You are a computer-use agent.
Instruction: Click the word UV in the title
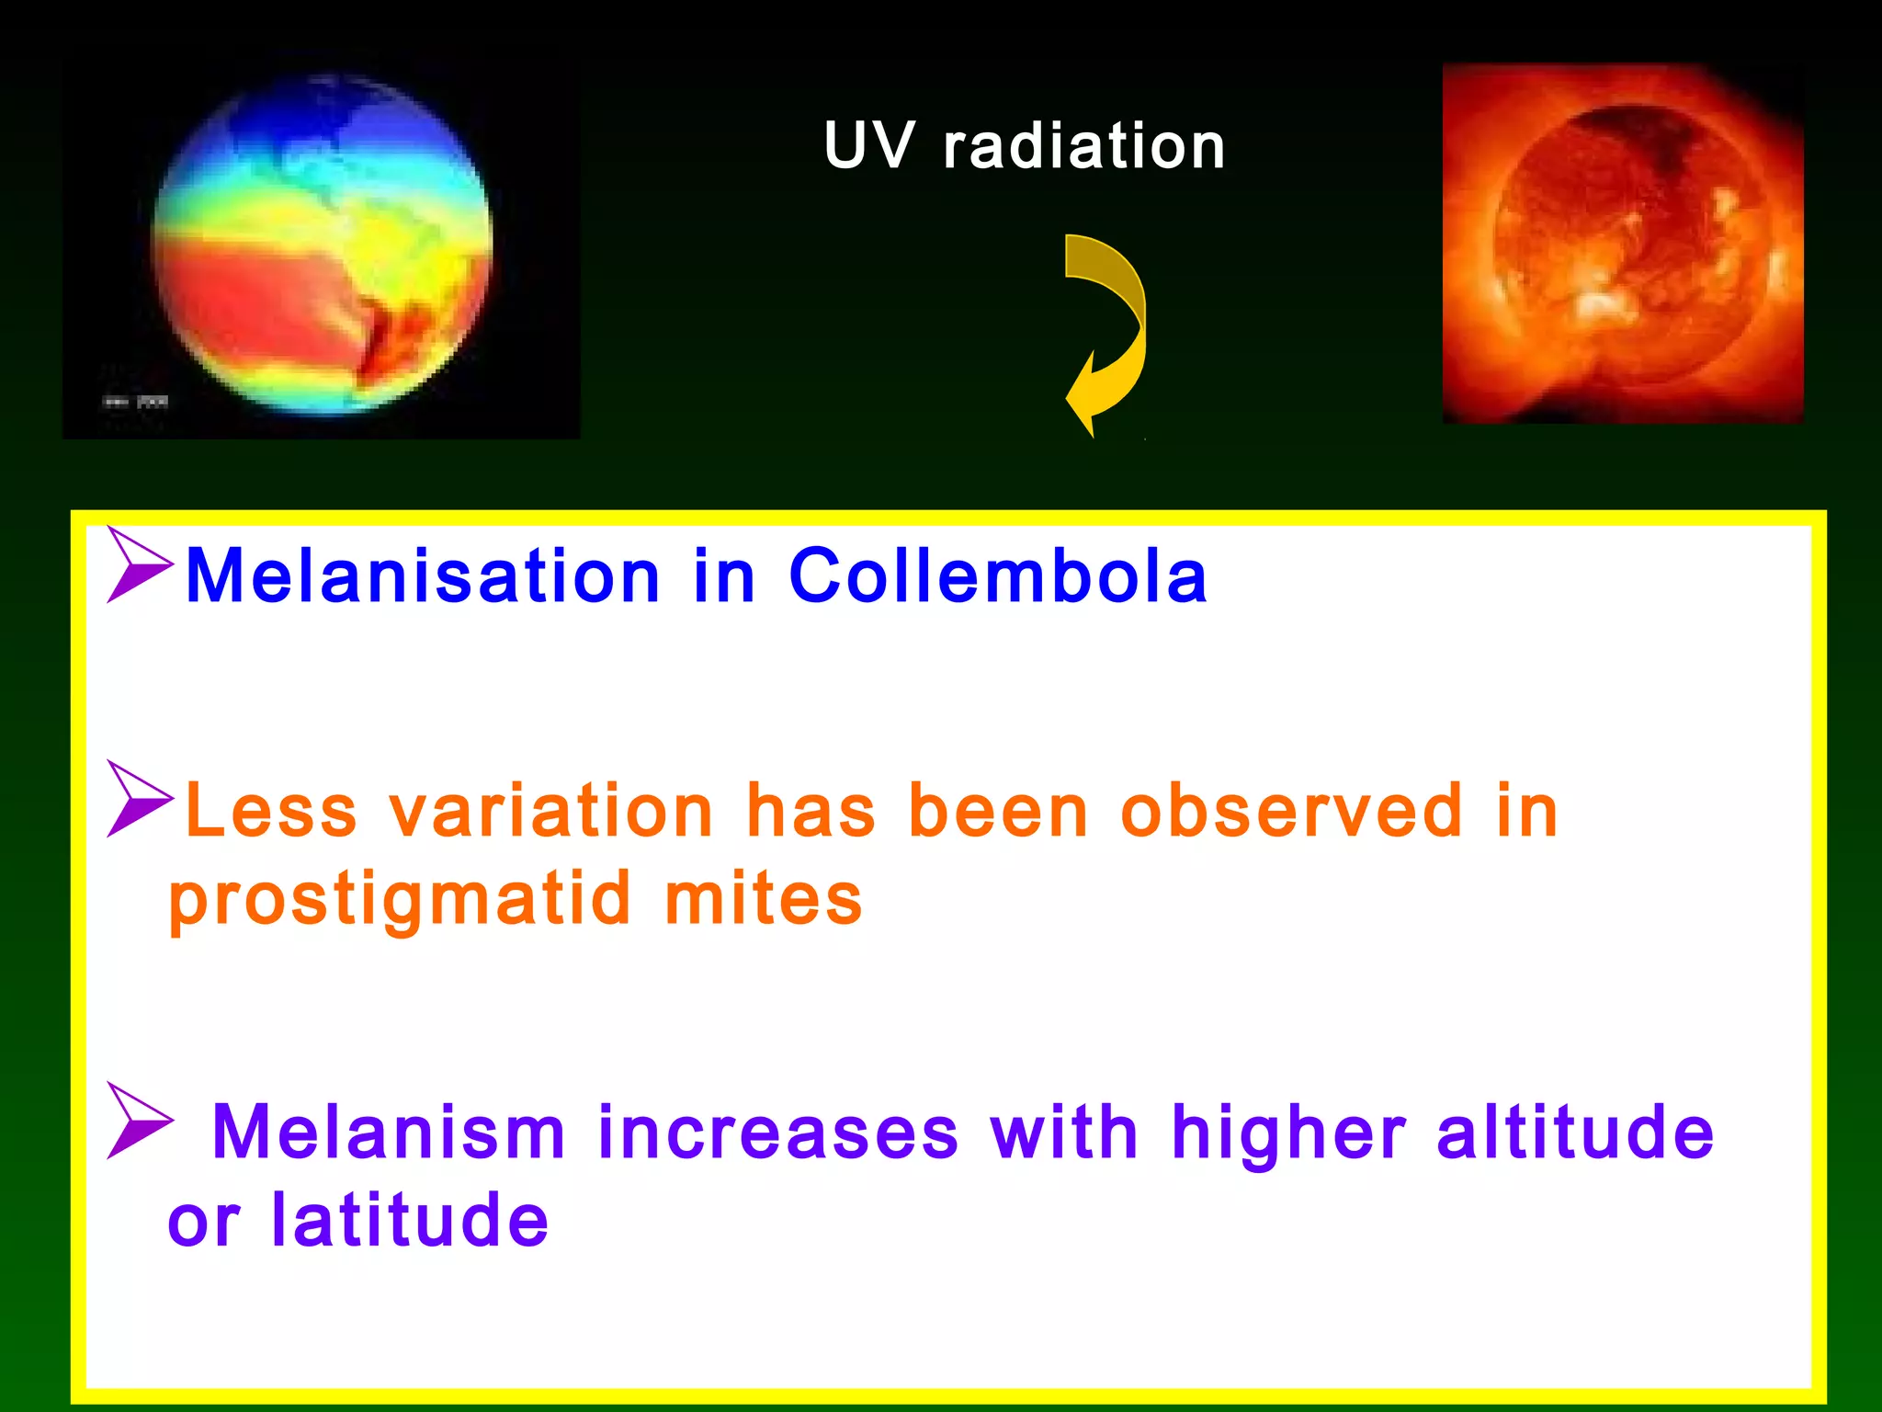[868, 147]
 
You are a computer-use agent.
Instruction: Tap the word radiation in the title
[1084, 147]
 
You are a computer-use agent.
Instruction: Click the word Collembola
[998, 577]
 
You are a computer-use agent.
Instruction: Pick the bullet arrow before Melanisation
[138, 564]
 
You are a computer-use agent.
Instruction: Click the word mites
[763, 899]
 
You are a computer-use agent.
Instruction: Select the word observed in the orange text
[1291, 811]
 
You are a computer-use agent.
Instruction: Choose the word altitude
[1575, 1133]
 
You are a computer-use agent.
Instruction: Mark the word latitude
[410, 1221]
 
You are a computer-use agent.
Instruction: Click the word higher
[1288, 1133]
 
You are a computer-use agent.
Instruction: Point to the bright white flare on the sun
[1604, 303]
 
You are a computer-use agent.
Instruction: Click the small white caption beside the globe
[135, 402]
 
